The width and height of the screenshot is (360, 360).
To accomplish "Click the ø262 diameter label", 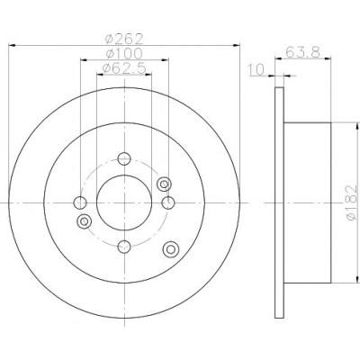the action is coord(124,39).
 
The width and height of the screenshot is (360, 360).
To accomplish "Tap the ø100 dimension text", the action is coord(124,54).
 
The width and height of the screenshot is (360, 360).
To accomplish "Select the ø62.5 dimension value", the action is coord(124,68).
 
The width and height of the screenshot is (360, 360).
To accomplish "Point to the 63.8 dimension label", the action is coord(302,52).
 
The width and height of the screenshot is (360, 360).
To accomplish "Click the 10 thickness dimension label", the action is coord(256,69).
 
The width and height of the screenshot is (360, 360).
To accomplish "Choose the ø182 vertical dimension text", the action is coord(352,203).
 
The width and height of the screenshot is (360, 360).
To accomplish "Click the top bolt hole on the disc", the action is coord(124,158).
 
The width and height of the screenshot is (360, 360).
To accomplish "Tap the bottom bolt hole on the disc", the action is coord(124,247).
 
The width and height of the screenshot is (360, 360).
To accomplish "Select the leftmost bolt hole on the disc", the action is coord(80,202).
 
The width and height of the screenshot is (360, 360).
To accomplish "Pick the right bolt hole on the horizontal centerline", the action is coord(168,202).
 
